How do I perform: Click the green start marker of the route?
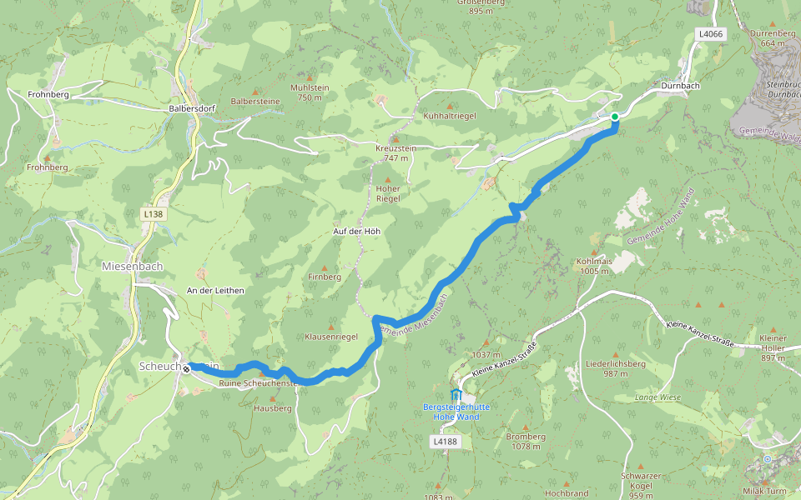[614, 117]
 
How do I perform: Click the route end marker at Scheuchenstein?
[186, 367]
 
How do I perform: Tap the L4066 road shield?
[710, 34]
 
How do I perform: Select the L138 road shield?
[154, 214]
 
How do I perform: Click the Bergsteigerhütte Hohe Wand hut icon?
[455, 394]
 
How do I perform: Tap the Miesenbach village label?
[131, 267]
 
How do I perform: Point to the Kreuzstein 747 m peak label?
[396, 152]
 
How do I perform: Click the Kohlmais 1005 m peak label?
[594, 266]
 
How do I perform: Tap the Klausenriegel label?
[331, 336]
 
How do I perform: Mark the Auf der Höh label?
[356, 231]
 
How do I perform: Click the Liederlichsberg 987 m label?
[616, 368]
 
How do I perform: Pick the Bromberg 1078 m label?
[526, 441]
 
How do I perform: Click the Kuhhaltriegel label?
[450, 116]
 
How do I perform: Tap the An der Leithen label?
[215, 290]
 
